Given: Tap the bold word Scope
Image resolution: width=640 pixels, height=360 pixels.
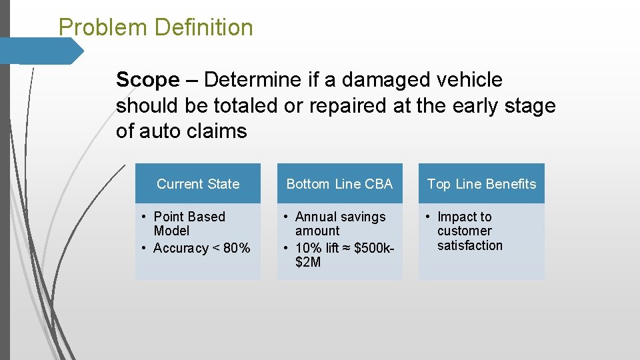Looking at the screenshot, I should pos(147,80).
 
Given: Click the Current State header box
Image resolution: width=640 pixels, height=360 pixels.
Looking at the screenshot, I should pos(198,184).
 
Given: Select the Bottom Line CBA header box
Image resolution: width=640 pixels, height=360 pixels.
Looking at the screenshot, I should pos(339,184).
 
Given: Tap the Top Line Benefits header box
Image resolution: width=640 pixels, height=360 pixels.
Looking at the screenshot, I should pos(481,184).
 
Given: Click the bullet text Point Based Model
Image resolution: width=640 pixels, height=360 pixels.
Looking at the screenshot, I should pos(189,224).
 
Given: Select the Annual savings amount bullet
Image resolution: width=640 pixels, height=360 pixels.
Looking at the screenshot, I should pos(340,224).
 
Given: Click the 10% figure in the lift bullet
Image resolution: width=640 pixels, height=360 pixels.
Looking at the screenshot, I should pos(308,249).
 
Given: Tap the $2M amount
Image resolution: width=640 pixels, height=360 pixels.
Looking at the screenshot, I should pos(308,263).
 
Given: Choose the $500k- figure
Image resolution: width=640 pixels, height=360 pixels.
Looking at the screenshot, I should pos(375,249).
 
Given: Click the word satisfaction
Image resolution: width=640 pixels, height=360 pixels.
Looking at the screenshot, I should pos(470,245).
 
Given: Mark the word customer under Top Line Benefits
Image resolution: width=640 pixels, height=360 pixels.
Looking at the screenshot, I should pos(465,231).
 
